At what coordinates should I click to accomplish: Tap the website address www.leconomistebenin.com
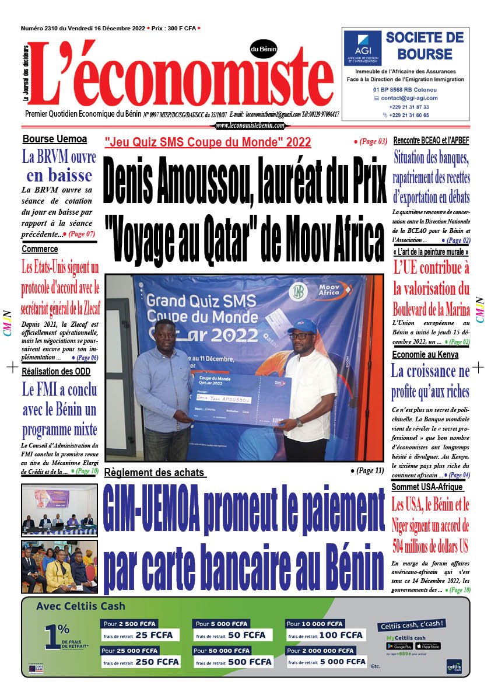coord(250,125)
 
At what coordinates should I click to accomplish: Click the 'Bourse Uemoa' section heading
coord(55,139)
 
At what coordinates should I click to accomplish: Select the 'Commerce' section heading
coord(40,249)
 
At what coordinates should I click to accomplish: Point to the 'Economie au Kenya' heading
coord(425,354)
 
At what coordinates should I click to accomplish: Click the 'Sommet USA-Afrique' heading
coord(427,487)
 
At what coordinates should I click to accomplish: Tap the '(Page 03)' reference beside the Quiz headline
coord(370,141)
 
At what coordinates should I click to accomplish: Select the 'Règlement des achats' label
coord(155,473)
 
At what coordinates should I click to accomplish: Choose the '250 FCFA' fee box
coord(140,661)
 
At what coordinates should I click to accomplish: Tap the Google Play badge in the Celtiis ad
coord(399,646)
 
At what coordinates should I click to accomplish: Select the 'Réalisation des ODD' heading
coord(56,371)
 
